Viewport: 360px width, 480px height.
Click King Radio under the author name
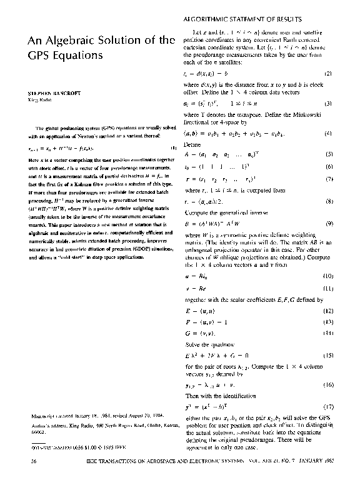(32, 99)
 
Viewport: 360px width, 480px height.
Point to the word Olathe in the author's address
(134, 431)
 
